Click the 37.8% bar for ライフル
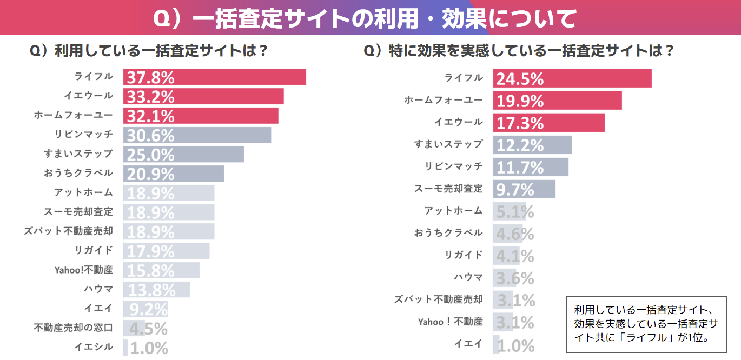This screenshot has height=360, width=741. pyautogui.click(x=214, y=77)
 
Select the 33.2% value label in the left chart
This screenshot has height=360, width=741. pyautogui.click(x=150, y=97)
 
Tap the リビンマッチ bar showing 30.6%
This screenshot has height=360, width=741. pyautogui.click(x=197, y=135)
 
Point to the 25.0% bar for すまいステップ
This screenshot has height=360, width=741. pyautogui.click(x=183, y=154)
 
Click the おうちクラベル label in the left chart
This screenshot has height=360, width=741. pyautogui.click(x=78, y=173)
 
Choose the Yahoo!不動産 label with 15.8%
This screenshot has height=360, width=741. pyautogui.click(x=84, y=269)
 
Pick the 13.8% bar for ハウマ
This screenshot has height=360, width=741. pyautogui.click(x=156, y=289)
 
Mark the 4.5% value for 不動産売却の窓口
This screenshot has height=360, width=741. pyautogui.click(x=149, y=328)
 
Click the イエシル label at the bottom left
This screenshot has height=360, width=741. pyautogui.click(x=98, y=346)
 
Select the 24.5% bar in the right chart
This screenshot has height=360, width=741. pyautogui.click(x=572, y=78)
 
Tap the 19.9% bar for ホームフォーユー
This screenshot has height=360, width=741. pyautogui.click(x=557, y=101)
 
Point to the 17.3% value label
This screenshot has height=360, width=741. pyautogui.click(x=520, y=123)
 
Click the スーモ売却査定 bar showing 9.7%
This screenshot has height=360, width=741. pyautogui.click(x=524, y=189)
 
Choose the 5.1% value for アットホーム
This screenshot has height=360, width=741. pyautogui.click(x=515, y=212)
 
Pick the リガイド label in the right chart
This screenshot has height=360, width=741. pyautogui.click(x=464, y=255)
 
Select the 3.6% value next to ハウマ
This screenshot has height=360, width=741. pyautogui.click(x=515, y=278)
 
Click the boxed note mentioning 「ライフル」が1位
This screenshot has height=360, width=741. pyautogui.click(x=646, y=324)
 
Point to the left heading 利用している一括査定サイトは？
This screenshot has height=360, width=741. pyautogui.click(x=149, y=51)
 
